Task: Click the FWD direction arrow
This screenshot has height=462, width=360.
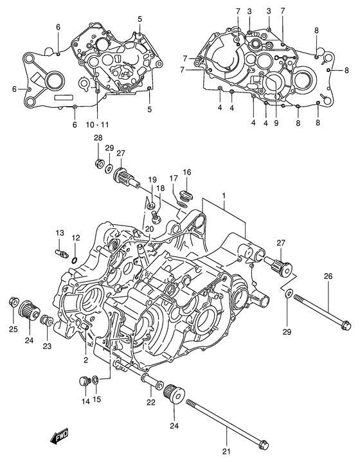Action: coord(59,439)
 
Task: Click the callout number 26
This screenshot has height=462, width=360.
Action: coord(328,277)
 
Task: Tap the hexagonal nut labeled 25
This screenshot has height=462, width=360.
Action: coord(12,301)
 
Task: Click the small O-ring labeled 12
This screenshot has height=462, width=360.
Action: coord(75,260)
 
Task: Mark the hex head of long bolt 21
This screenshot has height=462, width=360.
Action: coord(264,445)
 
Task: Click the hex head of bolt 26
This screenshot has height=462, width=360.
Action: coord(344,325)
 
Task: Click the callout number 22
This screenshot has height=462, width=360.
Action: coord(150,403)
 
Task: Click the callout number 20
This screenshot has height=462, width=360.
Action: coord(149,229)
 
